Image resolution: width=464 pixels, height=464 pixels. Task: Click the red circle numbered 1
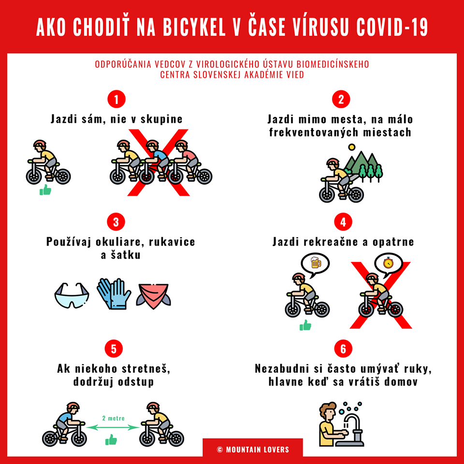pos(116,99)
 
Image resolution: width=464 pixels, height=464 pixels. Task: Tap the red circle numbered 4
pos(343,222)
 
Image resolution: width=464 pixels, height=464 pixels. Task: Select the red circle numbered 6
pos(343,348)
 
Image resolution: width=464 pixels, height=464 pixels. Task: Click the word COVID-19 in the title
pos(392,27)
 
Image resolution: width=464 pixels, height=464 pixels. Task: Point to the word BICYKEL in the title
pos(194,27)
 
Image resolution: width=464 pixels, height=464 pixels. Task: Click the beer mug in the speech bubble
pos(316,262)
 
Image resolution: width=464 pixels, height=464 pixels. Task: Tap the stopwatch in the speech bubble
pos(388,263)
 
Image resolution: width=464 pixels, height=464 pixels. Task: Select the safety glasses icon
pos(72,295)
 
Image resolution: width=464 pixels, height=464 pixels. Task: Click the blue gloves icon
pos(114,293)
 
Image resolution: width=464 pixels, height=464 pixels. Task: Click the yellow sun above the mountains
pos(351,147)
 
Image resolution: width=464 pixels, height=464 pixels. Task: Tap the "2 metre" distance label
pos(113,418)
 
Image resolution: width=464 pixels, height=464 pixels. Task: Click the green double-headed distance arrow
pos(113,427)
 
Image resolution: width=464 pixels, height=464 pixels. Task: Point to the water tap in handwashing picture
pos(354,426)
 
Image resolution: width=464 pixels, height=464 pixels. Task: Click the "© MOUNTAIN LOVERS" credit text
pos(253,450)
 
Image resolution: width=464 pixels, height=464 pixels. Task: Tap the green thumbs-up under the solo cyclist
pos(45,190)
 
